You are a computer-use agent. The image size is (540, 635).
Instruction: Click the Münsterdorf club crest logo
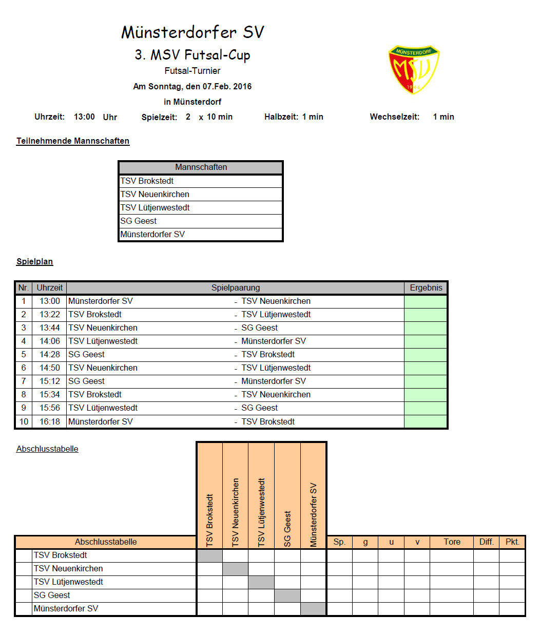tap(414, 69)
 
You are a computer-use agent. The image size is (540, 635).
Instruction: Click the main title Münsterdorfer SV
tap(192, 32)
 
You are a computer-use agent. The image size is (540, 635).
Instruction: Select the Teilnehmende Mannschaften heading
tap(73, 141)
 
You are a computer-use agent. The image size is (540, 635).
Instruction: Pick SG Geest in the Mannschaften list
tap(139, 221)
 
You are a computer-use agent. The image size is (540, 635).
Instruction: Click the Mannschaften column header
tap(201, 167)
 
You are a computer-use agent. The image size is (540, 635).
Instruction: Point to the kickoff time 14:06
tap(49, 341)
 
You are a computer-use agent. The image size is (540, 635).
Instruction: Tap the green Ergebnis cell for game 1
tap(426, 301)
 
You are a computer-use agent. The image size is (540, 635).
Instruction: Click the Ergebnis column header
tap(426, 287)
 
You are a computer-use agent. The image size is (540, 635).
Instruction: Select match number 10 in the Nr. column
tap(24, 421)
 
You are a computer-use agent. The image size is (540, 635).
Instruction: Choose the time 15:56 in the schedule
tap(49, 408)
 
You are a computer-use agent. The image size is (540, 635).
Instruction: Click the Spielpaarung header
tap(236, 287)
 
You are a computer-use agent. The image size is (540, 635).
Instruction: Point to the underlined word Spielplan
tap(34, 261)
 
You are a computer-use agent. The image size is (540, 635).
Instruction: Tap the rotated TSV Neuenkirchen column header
tap(236, 512)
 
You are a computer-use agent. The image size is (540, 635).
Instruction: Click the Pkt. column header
tap(512, 542)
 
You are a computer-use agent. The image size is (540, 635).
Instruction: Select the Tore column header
tap(452, 542)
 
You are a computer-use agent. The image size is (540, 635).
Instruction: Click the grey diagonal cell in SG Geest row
tap(287, 595)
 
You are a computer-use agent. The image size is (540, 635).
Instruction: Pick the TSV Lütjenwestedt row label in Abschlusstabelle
tap(68, 582)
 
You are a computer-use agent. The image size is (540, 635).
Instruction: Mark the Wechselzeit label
tap(394, 117)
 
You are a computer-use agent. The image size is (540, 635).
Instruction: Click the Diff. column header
tap(486, 542)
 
